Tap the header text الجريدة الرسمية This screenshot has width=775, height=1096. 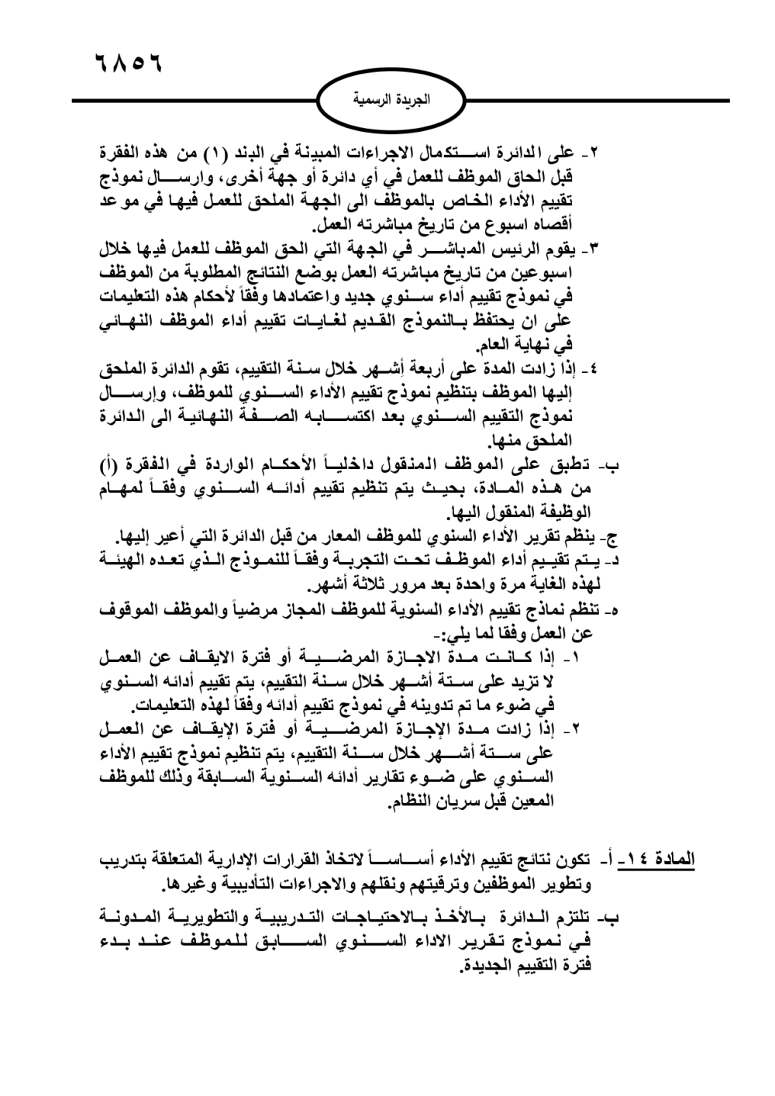(391, 102)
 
